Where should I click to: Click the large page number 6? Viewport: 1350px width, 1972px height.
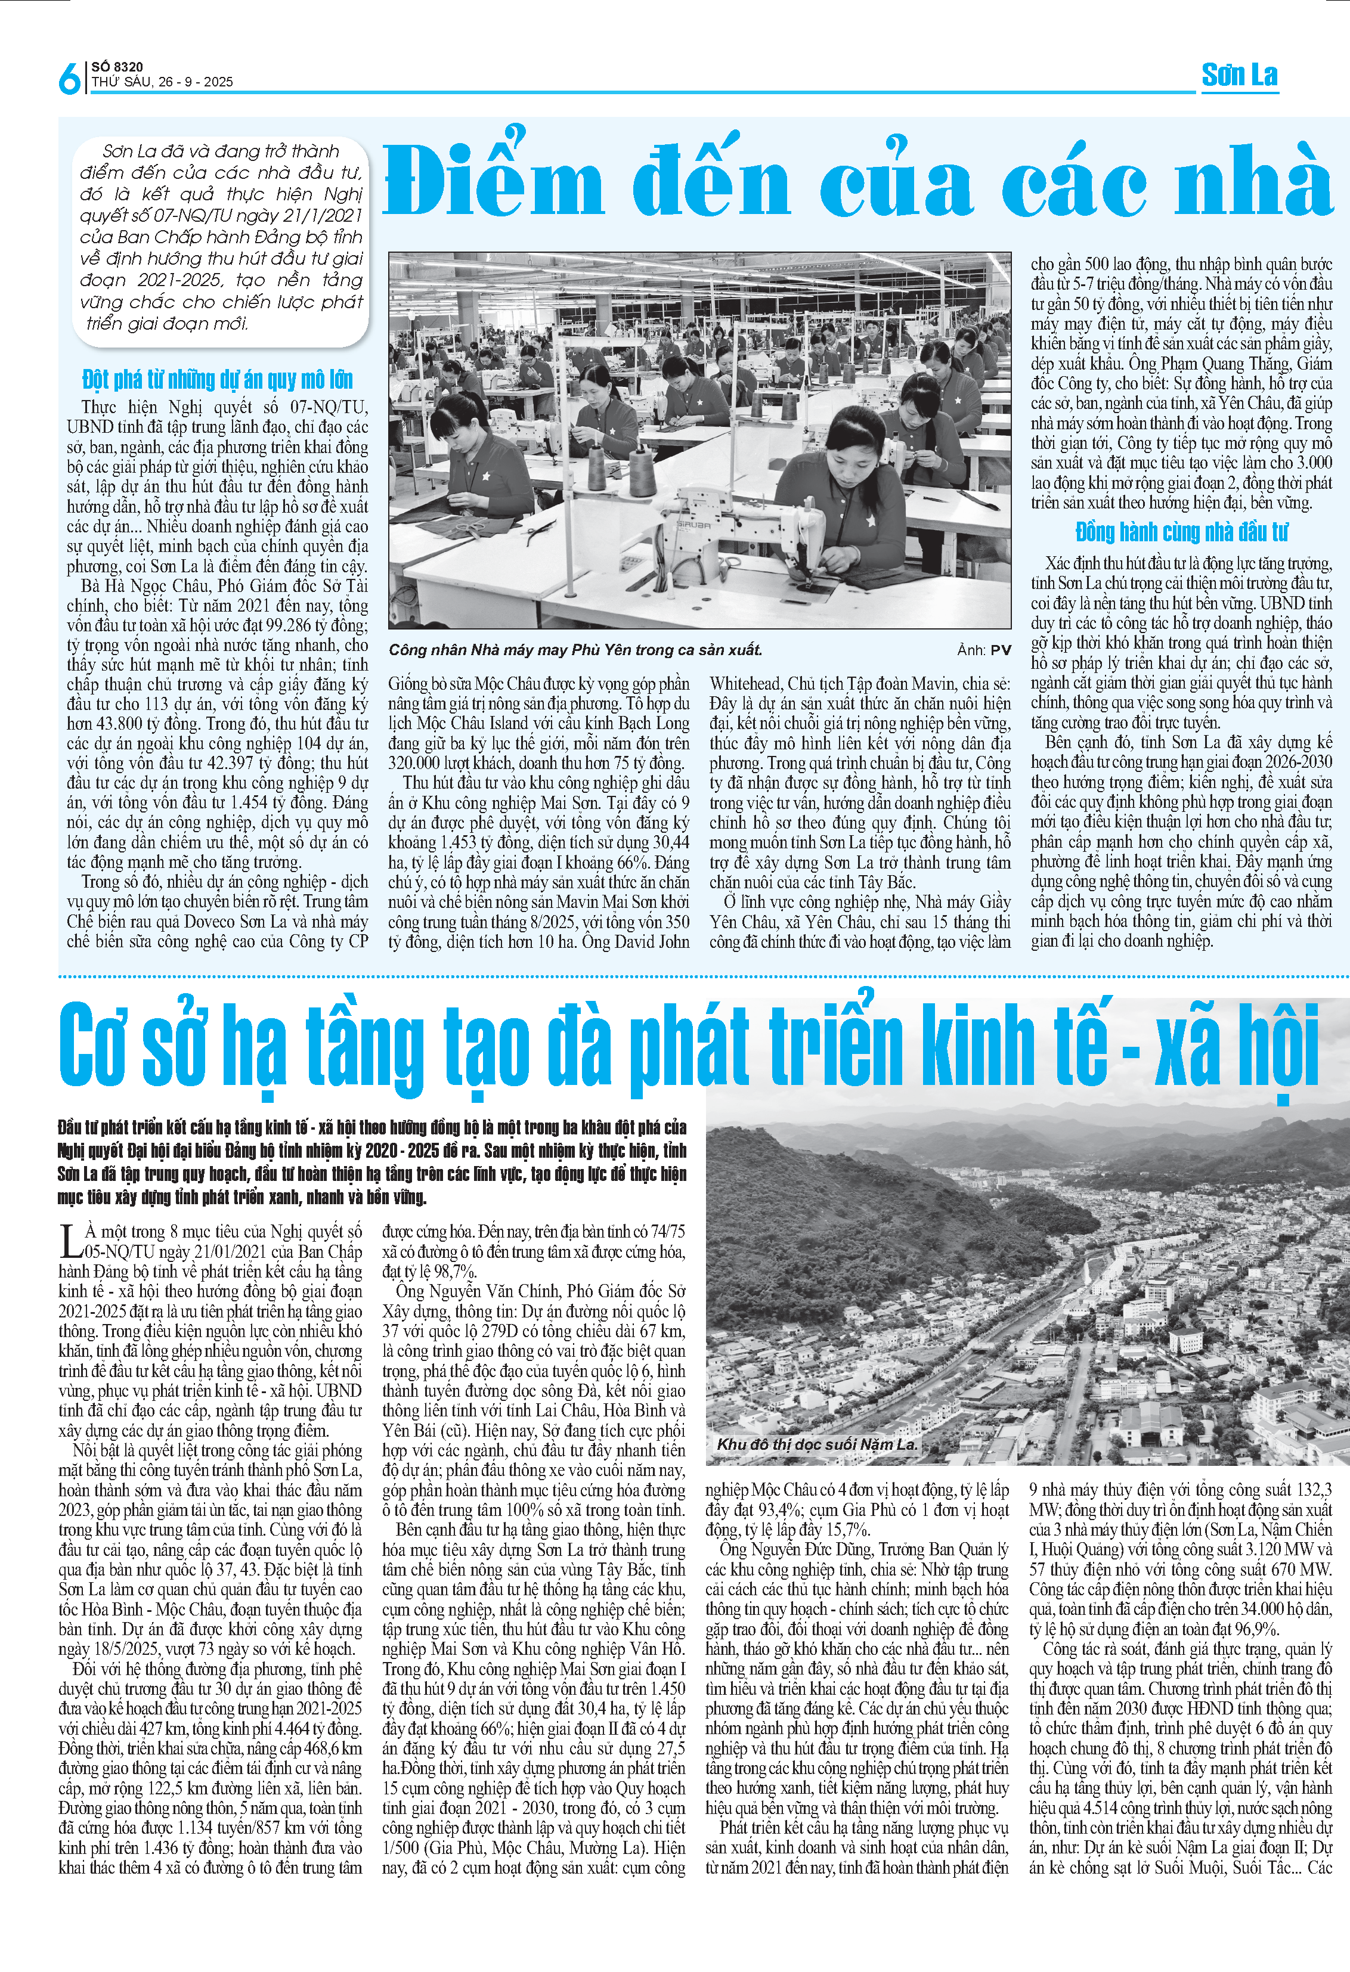point(69,78)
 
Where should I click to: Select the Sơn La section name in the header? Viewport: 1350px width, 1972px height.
point(1239,76)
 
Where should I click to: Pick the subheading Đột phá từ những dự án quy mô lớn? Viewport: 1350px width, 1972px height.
point(217,379)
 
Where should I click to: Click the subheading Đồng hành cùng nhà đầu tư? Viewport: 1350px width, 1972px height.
point(1181,532)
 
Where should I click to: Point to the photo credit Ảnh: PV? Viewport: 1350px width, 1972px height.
point(984,650)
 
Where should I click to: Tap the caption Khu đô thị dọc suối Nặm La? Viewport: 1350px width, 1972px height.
point(816,1443)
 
